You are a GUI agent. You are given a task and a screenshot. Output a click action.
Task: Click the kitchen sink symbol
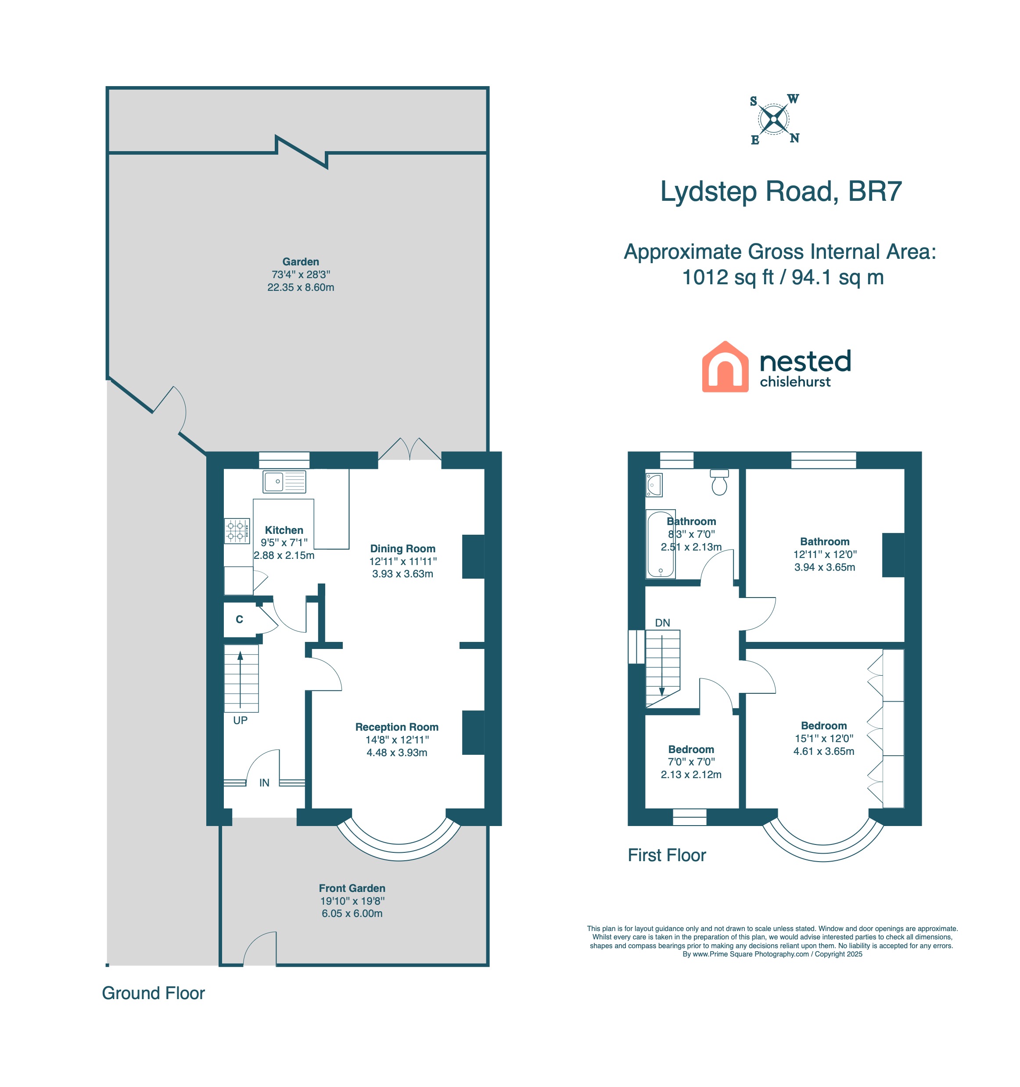tap(284, 482)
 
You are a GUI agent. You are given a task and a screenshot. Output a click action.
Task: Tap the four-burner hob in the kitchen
tap(237, 530)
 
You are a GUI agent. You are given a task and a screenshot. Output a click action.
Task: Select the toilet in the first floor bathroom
tap(719, 482)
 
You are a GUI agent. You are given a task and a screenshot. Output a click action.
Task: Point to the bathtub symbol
tap(661, 544)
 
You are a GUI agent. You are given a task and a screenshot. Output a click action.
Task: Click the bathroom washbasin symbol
tap(654, 485)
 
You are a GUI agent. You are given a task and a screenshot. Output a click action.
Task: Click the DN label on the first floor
tap(662, 623)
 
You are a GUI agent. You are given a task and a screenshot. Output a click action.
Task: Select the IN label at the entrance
tap(264, 783)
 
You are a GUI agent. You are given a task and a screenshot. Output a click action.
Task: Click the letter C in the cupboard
tap(239, 620)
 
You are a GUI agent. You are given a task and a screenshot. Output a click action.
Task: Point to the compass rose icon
tap(774, 119)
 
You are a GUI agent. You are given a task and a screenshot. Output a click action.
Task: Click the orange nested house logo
tap(725, 366)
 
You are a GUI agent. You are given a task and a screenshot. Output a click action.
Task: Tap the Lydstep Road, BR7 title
tap(781, 192)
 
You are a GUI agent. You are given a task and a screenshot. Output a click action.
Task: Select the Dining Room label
tap(402, 548)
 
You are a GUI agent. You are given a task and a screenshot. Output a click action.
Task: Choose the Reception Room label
tap(397, 727)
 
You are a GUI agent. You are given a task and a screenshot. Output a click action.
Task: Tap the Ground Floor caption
tap(153, 993)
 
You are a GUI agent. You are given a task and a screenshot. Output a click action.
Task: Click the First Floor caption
tap(667, 855)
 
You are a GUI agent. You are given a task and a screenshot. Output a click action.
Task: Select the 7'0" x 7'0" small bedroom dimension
tap(691, 762)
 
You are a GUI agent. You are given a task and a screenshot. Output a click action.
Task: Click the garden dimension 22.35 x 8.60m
tap(301, 287)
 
